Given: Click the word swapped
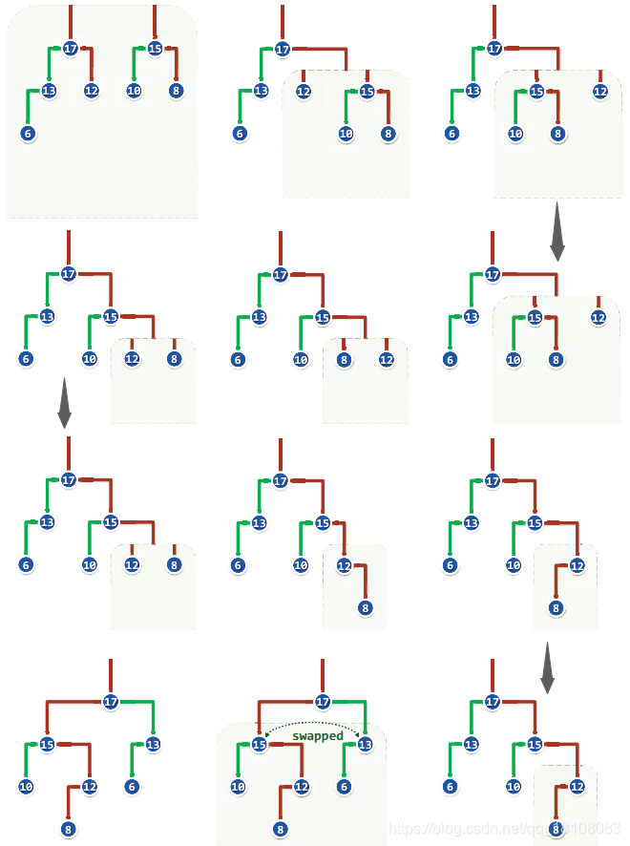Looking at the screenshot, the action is tap(318, 736).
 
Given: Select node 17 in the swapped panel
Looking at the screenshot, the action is tap(323, 702).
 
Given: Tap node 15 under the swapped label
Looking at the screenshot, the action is tap(260, 745).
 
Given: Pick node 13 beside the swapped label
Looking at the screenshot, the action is tap(364, 745).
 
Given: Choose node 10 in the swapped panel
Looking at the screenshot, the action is tap(239, 787).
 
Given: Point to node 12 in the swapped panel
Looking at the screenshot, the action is tap(302, 787).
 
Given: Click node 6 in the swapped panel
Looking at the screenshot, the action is tap(344, 787).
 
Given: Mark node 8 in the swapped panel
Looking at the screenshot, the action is tap(281, 830).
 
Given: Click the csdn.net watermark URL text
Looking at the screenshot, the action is tap(506, 830).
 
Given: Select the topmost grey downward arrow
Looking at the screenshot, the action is tap(557, 238).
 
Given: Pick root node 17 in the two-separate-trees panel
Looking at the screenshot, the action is tap(71, 48).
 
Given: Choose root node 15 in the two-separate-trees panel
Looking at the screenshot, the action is tap(156, 48).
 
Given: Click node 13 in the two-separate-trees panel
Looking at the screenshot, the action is tap(50, 91).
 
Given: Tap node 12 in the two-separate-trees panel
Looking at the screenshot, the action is tap(92, 91).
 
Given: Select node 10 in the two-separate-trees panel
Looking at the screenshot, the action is tap(134, 91).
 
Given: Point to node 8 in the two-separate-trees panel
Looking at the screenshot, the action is tap(177, 91).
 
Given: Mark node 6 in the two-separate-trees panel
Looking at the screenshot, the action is tap(28, 134).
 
